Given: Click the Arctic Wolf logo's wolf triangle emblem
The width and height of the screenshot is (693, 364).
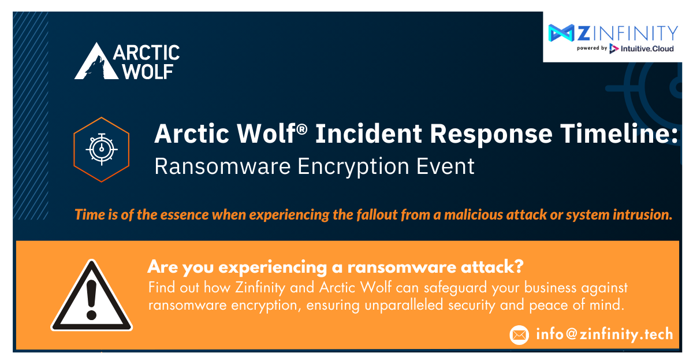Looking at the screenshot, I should click(92, 62).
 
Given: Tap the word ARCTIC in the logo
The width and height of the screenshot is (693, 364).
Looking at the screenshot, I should click(146, 53).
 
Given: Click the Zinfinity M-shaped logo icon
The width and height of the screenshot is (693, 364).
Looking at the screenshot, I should click(561, 33).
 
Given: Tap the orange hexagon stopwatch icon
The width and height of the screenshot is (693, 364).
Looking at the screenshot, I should click(102, 149).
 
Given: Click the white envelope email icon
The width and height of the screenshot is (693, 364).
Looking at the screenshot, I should click(519, 335).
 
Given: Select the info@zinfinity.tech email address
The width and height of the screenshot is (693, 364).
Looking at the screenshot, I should click(604, 334).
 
